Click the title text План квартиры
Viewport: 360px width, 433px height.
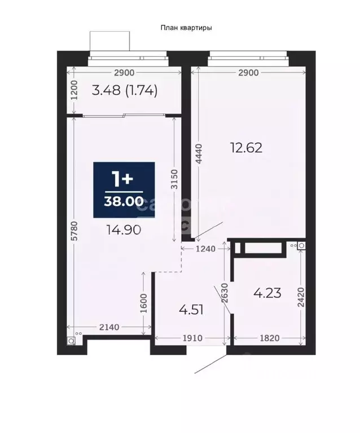tap(186, 27)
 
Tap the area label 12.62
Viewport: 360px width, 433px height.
tap(247, 148)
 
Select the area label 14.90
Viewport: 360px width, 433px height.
tap(121, 229)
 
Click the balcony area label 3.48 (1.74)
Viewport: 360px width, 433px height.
tap(124, 90)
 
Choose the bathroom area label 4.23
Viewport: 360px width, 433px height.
tap(267, 293)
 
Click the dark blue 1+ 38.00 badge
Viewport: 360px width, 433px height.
tap(124, 189)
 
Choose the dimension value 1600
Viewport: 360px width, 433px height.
tap(143, 305)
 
